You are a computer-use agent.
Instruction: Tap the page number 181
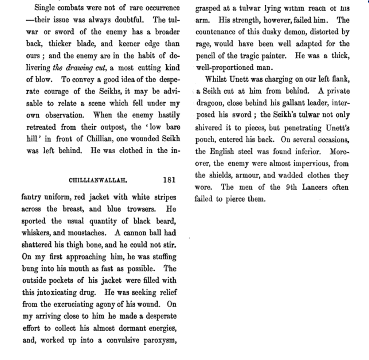click(x=169, y=180)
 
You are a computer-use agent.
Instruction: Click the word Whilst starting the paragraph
click(x=217, y=80)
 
